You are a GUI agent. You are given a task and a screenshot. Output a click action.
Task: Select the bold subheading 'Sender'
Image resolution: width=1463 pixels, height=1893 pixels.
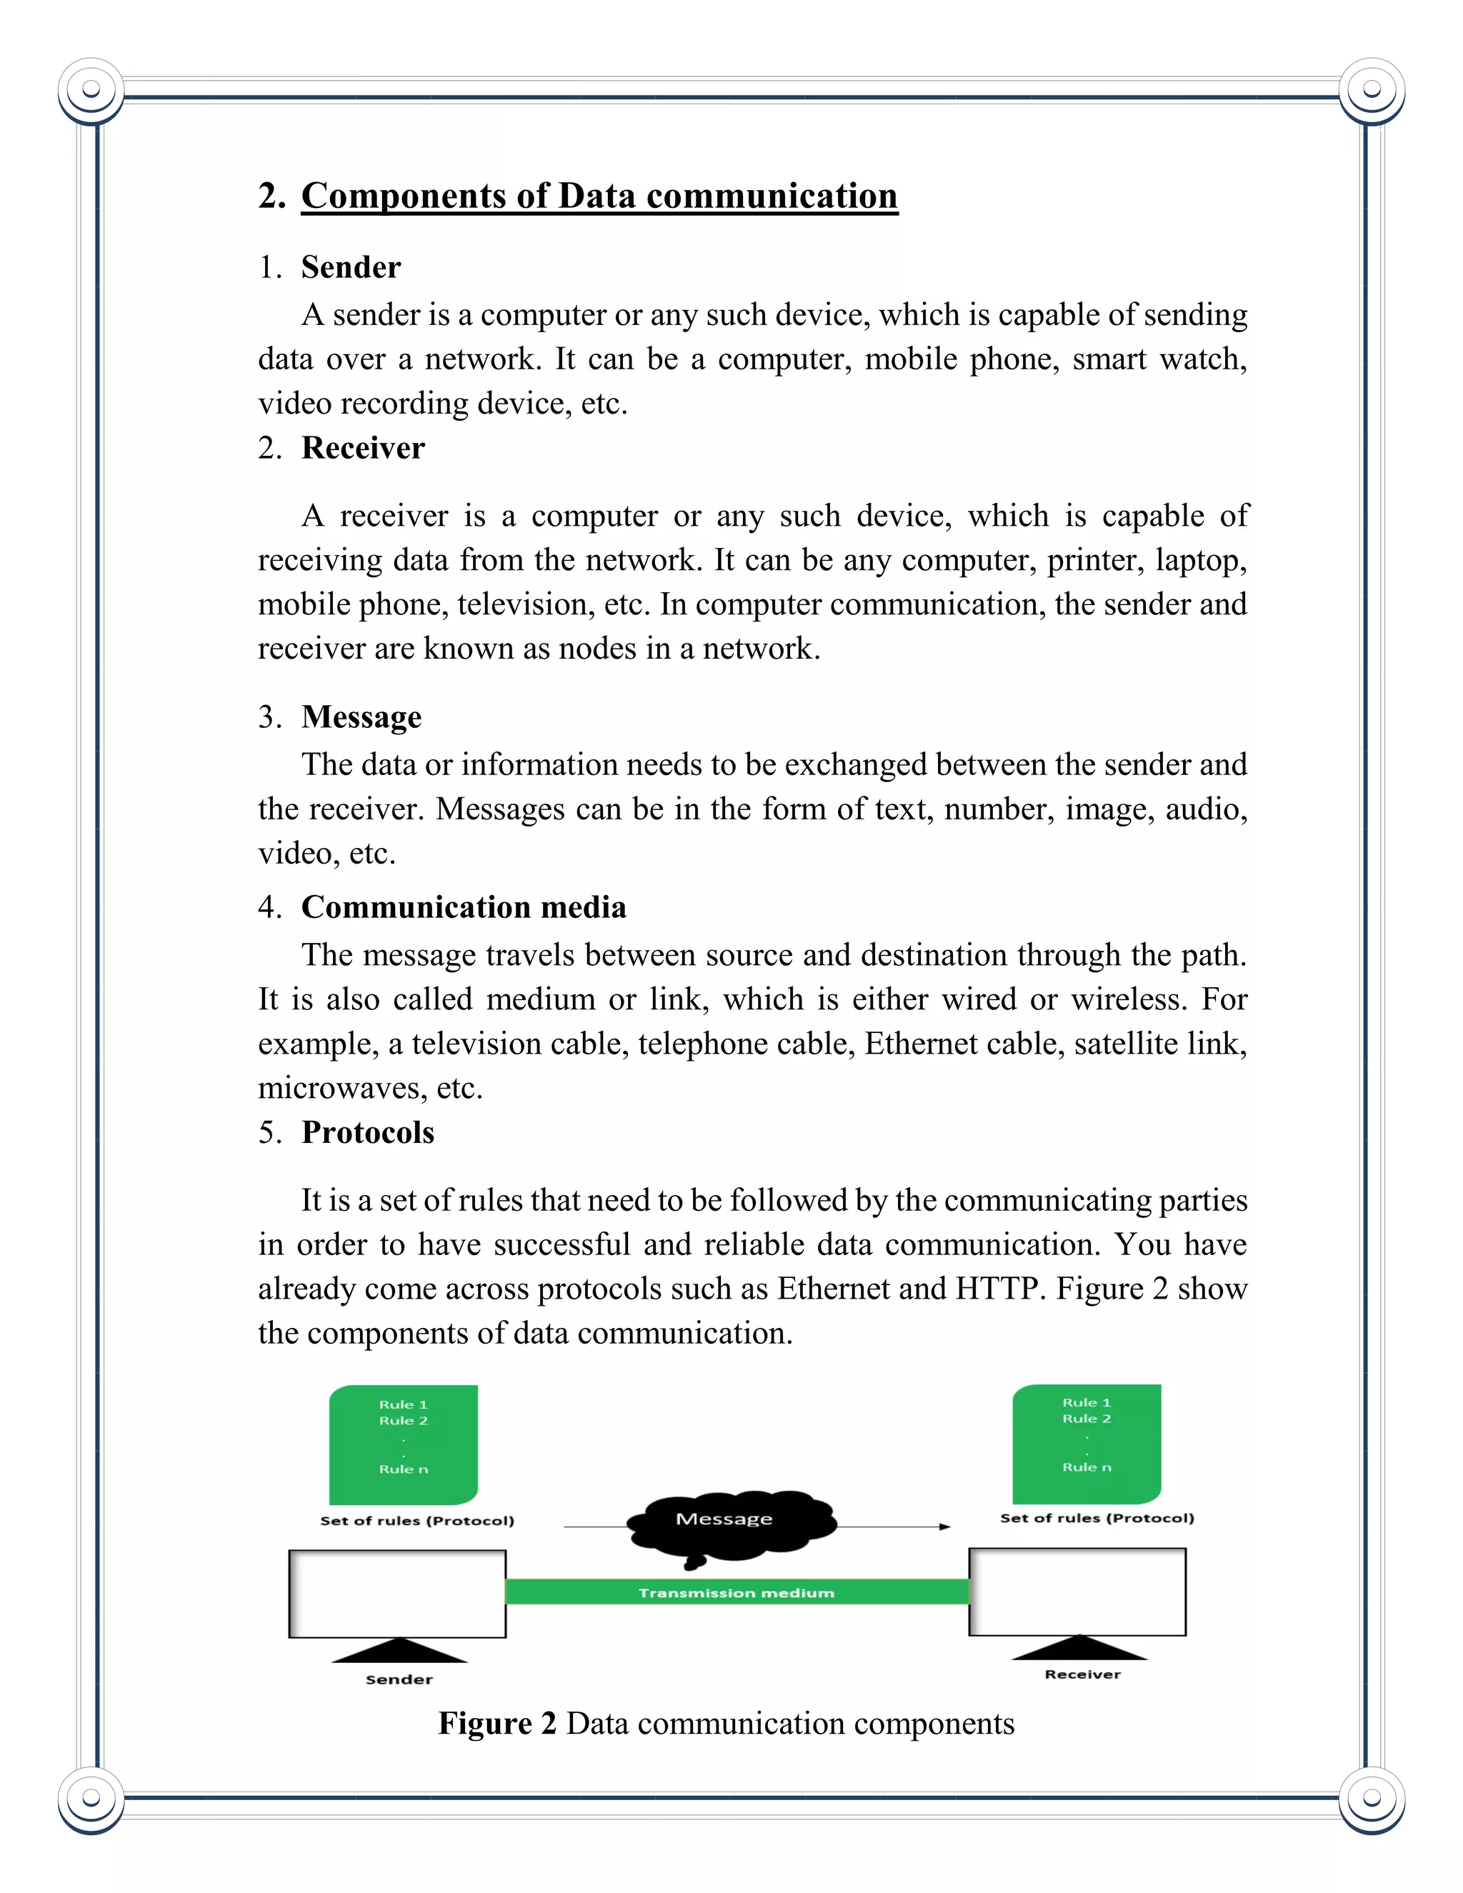pyautogui.click(x=351, y=267)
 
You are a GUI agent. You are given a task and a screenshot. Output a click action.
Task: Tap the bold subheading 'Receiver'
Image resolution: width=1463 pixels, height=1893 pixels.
pyautogui.click(x=362, y=448)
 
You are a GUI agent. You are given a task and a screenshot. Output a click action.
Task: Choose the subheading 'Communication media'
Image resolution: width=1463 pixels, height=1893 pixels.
pyautogui.click(x=464, y=906)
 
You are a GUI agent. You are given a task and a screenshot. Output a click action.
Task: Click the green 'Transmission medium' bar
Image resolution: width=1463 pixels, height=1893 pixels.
pyautogui.click(x=737, y=1592)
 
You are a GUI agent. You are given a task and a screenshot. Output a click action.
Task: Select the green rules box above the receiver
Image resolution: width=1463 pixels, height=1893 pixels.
pyautogui.click(x=1086, y=1442)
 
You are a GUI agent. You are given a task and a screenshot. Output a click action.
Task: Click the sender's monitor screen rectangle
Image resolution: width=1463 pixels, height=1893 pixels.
pyautogui.click(x=397, y=1593)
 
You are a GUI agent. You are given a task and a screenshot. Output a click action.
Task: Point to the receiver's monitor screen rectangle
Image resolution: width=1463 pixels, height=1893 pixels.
pyautogui.click(x=1077, y=1592)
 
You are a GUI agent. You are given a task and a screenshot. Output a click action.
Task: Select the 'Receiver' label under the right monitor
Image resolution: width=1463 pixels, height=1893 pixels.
pyautogui.click(x=1082, y=1674)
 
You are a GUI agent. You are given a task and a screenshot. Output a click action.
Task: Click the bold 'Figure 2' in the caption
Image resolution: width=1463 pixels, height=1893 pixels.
pyautogui.click(x=496, y=1723)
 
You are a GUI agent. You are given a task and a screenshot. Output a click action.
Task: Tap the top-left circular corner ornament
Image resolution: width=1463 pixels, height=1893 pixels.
pyautogui.click(x=91, y=89)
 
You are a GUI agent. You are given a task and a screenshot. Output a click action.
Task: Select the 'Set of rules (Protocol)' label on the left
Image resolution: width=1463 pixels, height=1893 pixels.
pyautogui.click(x=417, y=1520)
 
